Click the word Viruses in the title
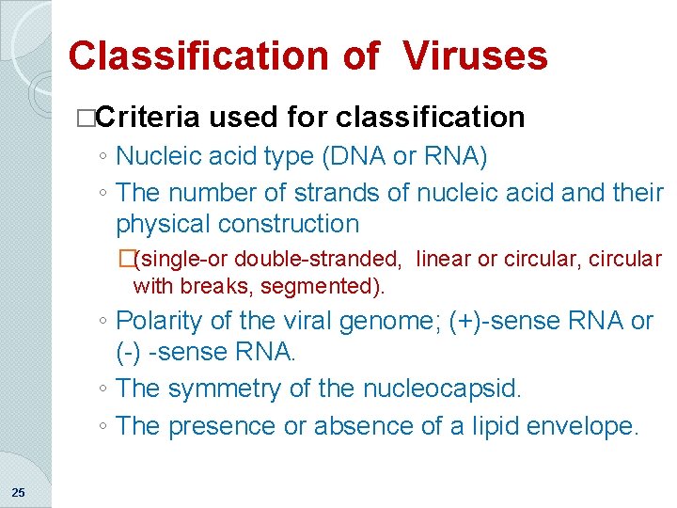[x=476, y=56]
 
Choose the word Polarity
[x=159, y=321]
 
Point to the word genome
[x=346, y=321]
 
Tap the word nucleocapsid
[x=439, y=389]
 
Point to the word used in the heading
[x=240, y=117]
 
